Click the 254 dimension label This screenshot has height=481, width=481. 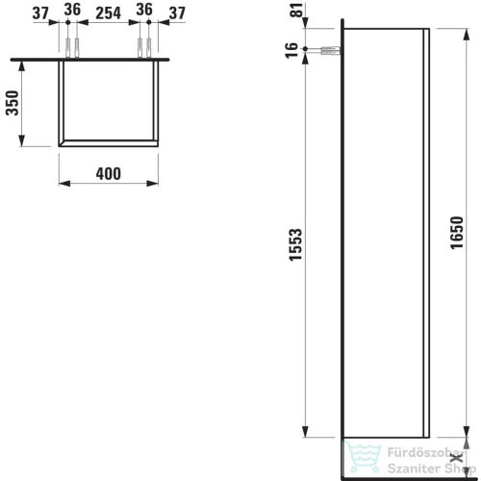tap(109, 13)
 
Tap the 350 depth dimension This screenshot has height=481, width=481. tap(13, 103)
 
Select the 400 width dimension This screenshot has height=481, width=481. tap(109, 174)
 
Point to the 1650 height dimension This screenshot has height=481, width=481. tap(457, 233)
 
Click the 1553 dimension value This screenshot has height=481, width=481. tap(295, 244)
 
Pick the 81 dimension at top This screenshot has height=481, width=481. tap(298, 10)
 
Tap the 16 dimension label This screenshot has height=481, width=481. tap(291, 50)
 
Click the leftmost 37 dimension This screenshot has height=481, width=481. tap(40, 13)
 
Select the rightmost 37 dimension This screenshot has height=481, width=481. tap(177, 13)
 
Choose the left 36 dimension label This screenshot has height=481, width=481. tap(72, 10)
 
